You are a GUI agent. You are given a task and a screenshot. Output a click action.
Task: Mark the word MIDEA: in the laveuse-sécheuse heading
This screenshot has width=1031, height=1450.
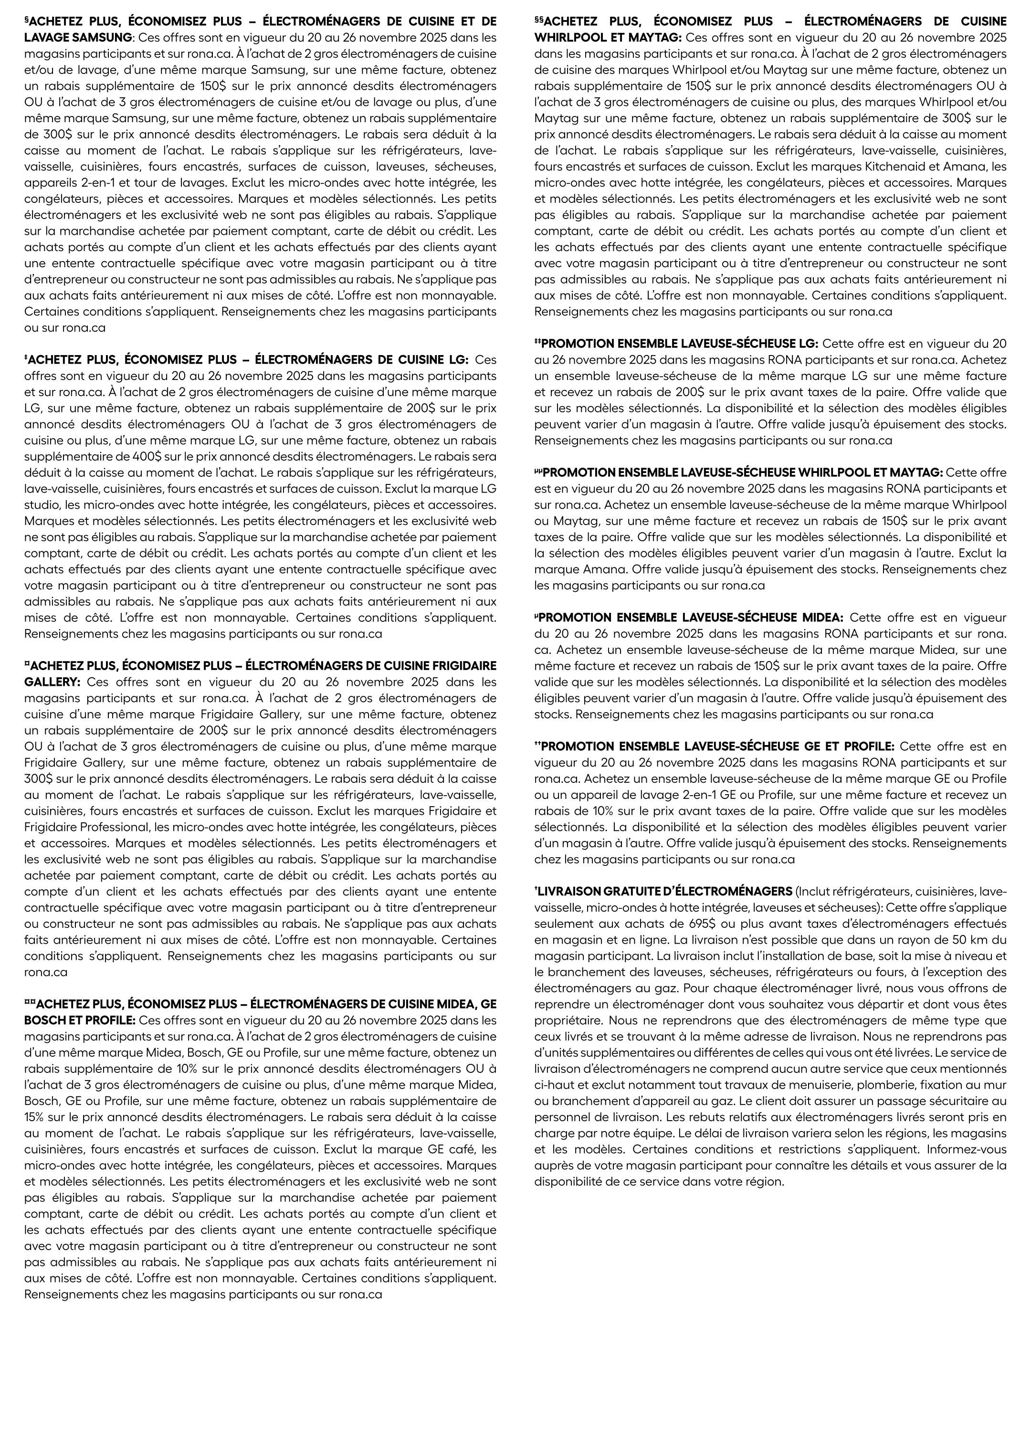pyautogui.click(x=820, y=618)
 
